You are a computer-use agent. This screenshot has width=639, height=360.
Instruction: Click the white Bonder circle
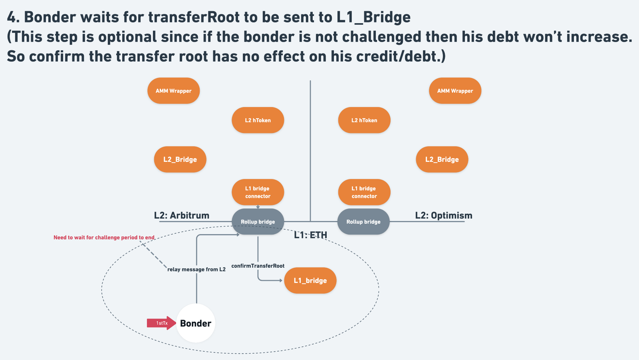tap(196, 323)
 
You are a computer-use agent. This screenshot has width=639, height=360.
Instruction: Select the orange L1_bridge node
tap(310, 280)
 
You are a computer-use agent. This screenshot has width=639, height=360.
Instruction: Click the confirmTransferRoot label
tap(258, 266)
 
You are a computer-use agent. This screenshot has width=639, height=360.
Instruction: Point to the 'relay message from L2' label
tap(196, 269)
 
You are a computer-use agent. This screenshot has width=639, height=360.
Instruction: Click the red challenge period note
tap(104, 237)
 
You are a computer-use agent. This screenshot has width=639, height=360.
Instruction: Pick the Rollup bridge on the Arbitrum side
tap(258, 222)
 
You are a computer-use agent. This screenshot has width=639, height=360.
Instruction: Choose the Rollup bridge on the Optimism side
tap(363, 222)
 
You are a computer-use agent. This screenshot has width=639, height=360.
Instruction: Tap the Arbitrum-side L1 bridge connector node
tap(258, 192)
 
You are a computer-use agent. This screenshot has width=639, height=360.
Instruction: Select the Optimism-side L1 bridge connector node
tap(364, 192)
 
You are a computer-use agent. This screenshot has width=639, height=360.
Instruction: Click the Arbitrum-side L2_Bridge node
tap(180, 159)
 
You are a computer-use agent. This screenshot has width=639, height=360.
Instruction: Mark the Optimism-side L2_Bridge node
tap(442, 159)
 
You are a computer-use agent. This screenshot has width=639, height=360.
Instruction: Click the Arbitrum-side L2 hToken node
tap(258, 120)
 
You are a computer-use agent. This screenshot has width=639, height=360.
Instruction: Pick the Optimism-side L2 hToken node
tap(364, 120)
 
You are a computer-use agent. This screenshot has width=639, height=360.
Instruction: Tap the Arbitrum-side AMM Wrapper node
tap(173, 91)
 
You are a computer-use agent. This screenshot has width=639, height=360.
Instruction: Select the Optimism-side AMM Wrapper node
tap(455, 91)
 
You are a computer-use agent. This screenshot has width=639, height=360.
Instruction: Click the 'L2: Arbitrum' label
tap(182, 215)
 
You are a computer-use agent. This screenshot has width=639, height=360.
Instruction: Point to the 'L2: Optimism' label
tap(444, 215)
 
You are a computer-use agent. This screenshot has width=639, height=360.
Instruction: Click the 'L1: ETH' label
tap(310, 235)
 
